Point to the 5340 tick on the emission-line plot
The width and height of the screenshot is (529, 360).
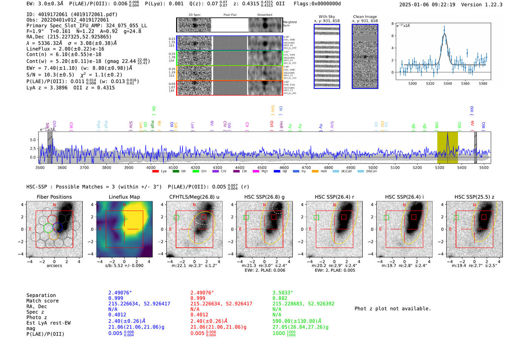coord(448,83)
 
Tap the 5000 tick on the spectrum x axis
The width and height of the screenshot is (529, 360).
coord(373,167)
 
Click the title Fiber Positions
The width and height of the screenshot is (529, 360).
coord(54,197)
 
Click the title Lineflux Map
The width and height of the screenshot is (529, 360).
coord(124,197)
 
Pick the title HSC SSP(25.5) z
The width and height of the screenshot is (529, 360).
coord(474,197)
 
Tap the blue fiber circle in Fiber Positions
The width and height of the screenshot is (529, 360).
coord(57,227)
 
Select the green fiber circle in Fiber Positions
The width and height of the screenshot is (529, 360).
coord(48,228)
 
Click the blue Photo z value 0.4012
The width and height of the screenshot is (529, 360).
coord(117,314)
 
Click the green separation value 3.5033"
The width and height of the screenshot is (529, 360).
coord(283,293)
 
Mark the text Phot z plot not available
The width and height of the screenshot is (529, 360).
coord(393,309)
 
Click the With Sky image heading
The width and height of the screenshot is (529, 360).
coord(326,17)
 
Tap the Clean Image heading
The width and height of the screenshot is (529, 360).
coord(365,17)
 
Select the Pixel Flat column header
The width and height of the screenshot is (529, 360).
coord(230,15)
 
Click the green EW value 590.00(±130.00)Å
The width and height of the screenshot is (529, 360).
coord(297,321)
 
